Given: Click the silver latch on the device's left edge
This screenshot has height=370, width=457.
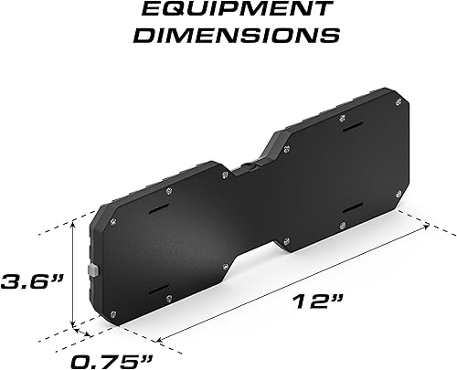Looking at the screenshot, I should [93, 270].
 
